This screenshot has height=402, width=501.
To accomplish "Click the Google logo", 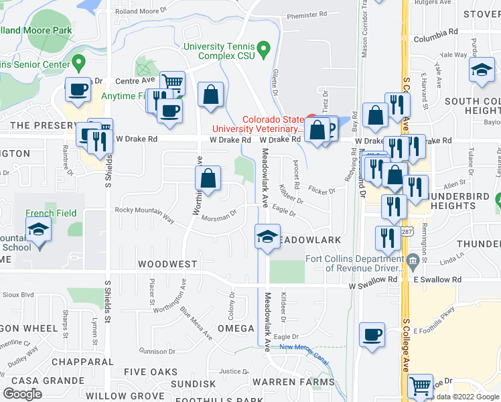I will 22,393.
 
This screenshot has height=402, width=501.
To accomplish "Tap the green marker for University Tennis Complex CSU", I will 263,50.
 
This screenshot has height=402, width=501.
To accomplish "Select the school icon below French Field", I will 39,232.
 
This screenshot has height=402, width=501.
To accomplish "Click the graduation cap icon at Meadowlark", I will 267,236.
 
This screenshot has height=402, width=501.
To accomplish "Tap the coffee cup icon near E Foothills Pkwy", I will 372,334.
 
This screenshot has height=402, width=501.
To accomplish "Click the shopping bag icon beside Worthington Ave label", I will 208,179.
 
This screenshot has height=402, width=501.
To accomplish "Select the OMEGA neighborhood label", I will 236,328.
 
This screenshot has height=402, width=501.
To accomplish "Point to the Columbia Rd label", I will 435,31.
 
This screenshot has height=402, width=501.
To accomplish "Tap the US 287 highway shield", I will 407,232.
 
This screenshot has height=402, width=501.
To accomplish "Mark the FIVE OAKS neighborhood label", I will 151,372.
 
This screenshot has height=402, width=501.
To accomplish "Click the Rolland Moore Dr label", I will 140,11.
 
